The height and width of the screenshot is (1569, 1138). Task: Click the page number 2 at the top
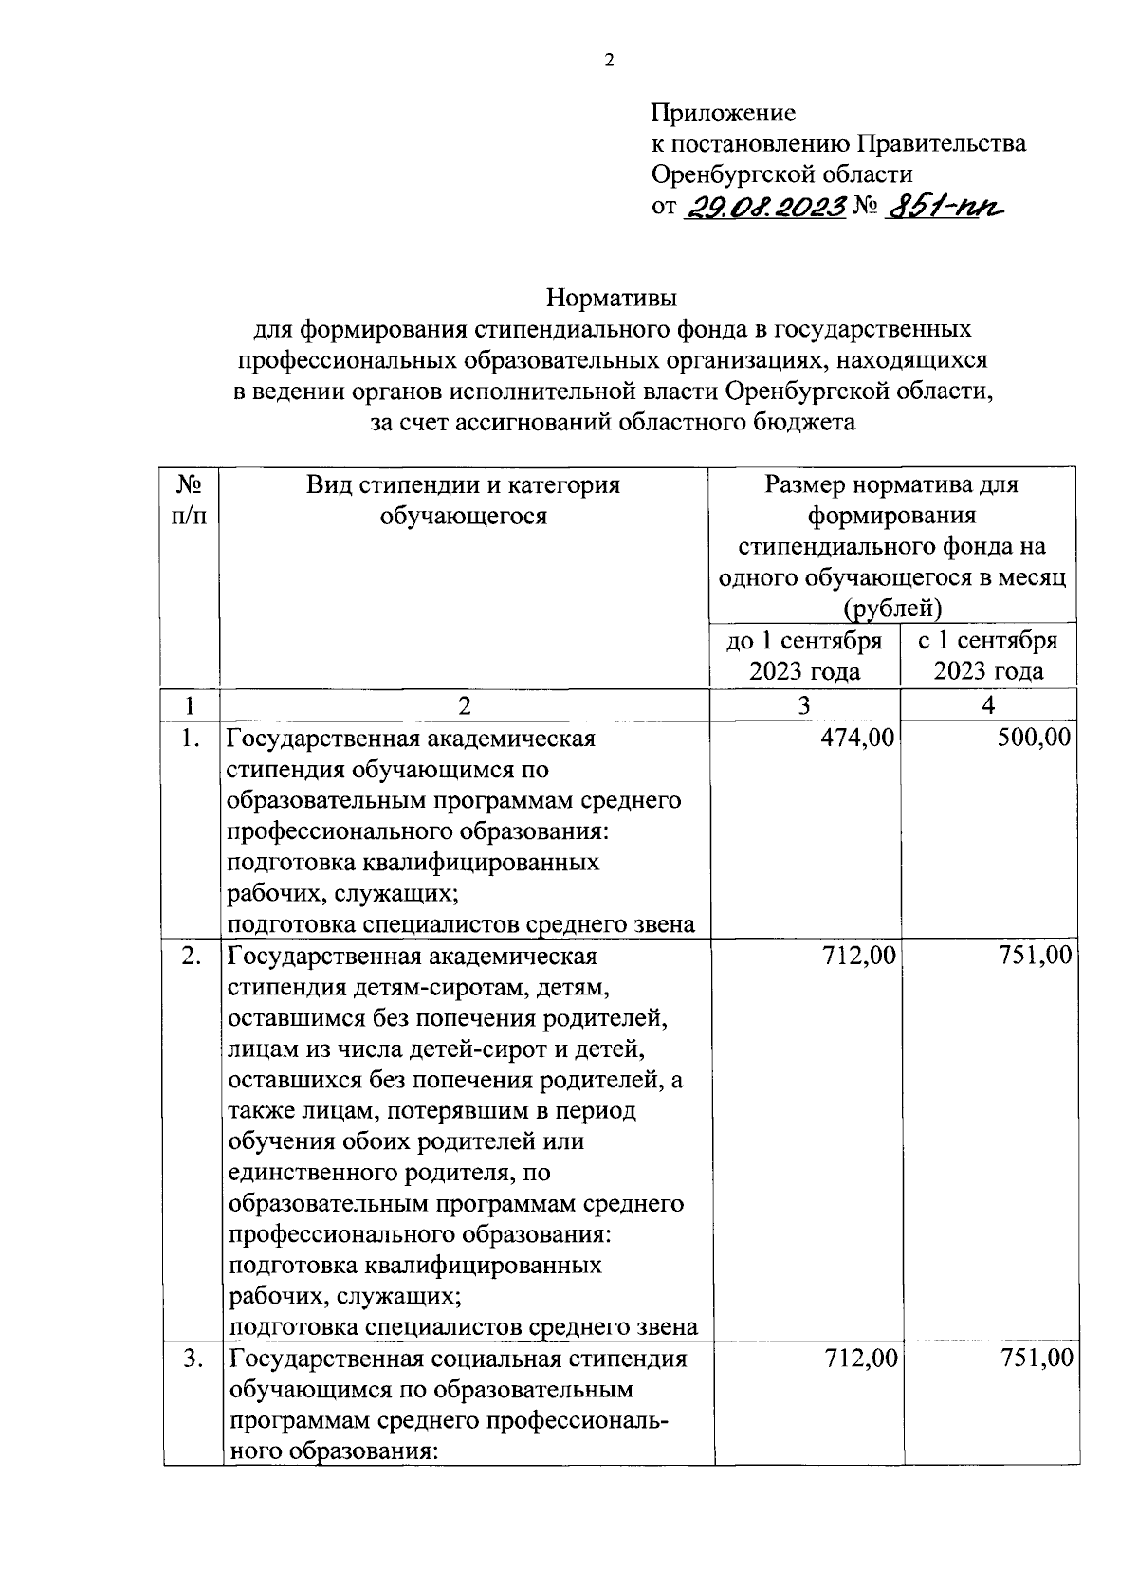click(610, 62)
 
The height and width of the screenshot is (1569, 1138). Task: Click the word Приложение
click(723, 114)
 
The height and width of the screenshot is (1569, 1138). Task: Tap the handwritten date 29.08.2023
click(764, 208)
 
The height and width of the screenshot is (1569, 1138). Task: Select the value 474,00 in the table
click(858, 738)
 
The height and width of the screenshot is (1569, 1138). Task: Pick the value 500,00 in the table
click(1035, 738)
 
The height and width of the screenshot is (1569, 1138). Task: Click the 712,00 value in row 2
click(858, 956)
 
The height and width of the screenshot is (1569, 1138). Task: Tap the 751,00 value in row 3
click(1037, 1359)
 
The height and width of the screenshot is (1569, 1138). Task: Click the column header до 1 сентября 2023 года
click(804, 656)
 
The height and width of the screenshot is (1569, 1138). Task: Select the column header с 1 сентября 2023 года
click(988, 656)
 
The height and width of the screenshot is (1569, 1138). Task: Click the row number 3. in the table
click(193, 1359)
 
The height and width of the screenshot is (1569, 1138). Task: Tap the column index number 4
click(988, 705)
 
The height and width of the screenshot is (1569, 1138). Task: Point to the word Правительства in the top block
click(941, 144)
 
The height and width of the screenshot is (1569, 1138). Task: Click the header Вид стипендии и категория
click(463, 485)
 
